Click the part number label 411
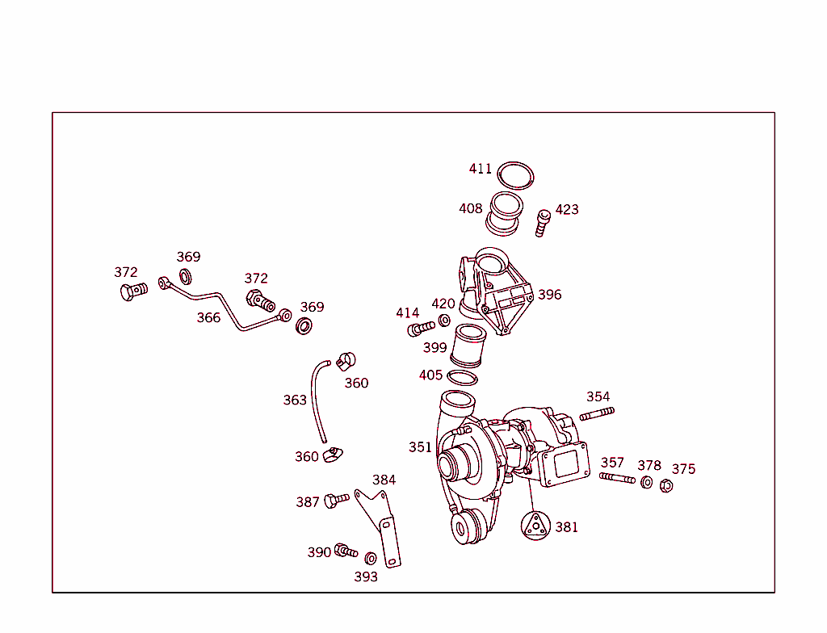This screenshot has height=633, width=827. (x=480, y=169)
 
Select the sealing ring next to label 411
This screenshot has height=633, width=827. (x=516, y=175)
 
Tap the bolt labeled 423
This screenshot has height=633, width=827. (x=543, y=221)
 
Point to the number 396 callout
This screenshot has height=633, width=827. (x=549, y=295)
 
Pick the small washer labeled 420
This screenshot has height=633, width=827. (x=444, y=321)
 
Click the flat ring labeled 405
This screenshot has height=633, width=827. (x=462, y=378)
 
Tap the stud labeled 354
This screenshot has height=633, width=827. (x=597, y=414)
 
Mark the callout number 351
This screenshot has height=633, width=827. (x=420, y=447)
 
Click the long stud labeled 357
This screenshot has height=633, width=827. (x=618, y=478)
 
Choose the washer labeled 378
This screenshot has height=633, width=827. (x=647, y=482)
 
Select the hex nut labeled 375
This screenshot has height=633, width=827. (x=666, y=485)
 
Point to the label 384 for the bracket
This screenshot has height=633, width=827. (x=384, y=480)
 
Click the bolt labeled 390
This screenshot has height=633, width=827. (x=345, y=551)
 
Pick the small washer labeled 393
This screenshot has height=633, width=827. (x=371, y=558)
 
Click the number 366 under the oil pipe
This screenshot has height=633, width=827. (x=208, y=317)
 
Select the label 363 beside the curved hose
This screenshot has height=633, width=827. (x=295, y=400)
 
